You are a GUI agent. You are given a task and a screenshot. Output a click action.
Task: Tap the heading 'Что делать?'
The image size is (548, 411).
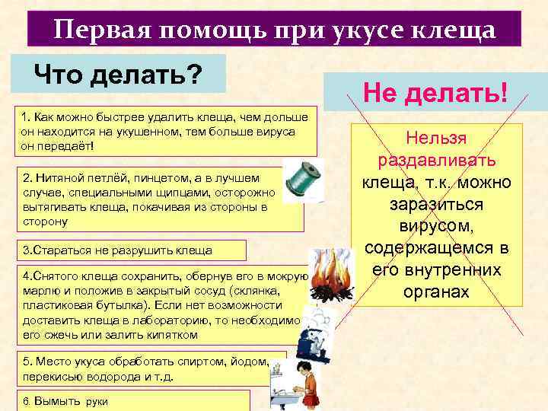click(119, 75)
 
